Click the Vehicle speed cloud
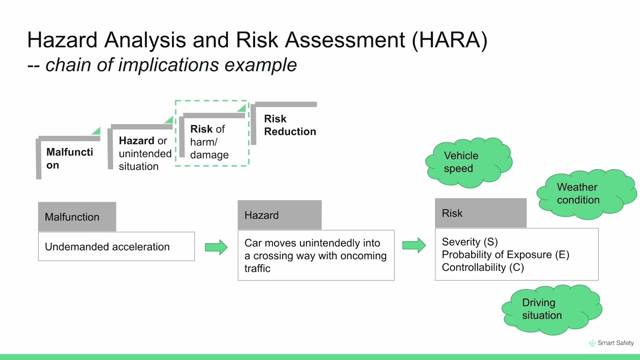[468, 162]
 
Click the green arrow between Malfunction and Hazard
[216, 247]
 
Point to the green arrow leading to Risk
[414, 245]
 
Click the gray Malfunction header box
[77, 217]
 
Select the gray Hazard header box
[279, 215]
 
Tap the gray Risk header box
[480, 213]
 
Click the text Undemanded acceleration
[107, 247]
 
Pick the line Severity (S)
[469, 242]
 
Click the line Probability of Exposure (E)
[505, 254]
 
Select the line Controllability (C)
[482, 267]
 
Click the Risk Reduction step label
[289, 125]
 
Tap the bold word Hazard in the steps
[136, 141]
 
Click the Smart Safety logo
[611, 343]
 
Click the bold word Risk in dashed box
[201, 129]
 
